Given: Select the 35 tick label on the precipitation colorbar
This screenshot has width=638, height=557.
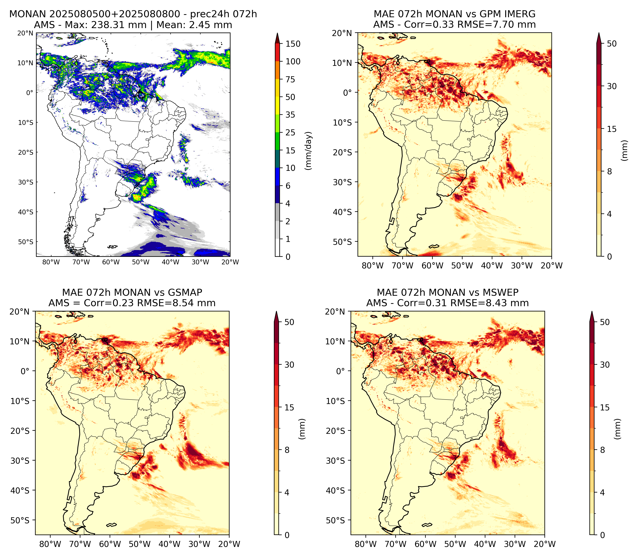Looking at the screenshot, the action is (290, 115).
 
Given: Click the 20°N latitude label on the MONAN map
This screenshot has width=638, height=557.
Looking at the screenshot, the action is (25, 33).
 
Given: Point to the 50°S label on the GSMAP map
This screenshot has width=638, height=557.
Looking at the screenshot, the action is (19, 520).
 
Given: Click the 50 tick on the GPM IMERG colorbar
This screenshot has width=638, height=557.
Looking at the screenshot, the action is (612, 44).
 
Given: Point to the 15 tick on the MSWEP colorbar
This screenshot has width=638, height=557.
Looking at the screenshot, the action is (605, 407).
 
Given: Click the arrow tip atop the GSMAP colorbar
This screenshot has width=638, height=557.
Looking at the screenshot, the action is (276, 311).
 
